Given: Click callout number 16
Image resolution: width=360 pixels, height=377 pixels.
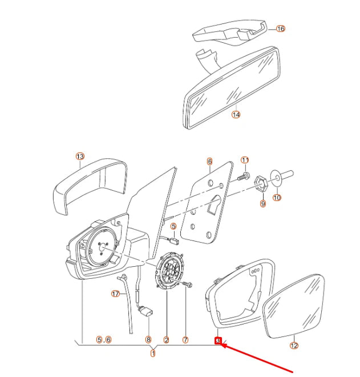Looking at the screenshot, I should pos(280,28).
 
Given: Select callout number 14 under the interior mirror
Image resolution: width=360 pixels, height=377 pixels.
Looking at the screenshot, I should pos(236,114).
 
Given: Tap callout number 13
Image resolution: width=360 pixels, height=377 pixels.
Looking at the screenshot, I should pos(80,156).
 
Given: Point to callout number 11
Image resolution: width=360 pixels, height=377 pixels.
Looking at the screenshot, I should pos(245,160).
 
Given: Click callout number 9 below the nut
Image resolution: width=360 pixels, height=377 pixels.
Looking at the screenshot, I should pos(262,204).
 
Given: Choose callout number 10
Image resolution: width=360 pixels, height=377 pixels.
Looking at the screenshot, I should pos(277,198).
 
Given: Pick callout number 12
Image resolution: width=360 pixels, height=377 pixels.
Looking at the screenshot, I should pos(294,345).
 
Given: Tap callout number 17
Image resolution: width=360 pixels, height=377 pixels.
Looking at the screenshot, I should pos(115,294).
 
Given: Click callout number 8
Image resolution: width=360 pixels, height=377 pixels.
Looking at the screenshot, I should pos(148,339).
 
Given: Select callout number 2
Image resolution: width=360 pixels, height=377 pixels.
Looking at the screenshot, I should pos(166,340).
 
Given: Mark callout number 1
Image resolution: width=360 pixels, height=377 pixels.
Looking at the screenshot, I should pos(152,354).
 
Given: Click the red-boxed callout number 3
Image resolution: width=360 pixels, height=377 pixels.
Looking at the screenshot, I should pos(218,341).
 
